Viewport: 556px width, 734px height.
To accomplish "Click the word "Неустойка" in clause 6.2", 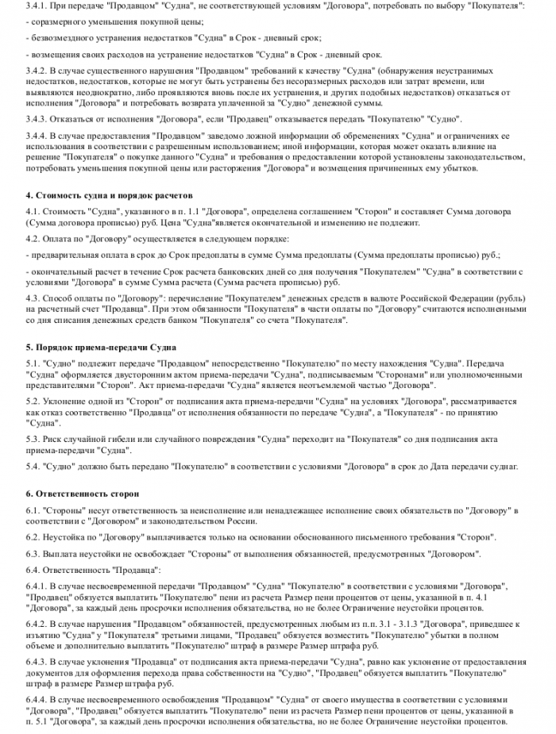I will tap(64, 537).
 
